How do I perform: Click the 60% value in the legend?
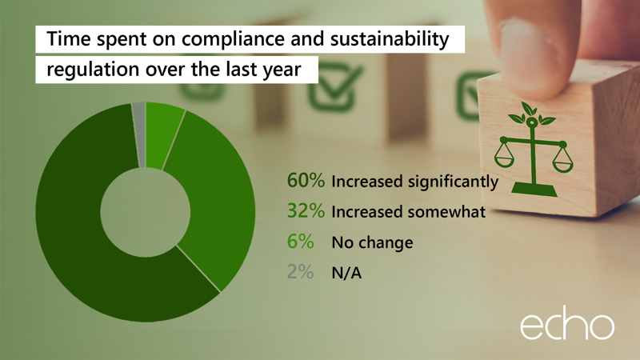(306, 182)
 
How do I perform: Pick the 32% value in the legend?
(306, 212)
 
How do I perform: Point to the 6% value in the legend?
(302, 242)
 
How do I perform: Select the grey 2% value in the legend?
(302, 272)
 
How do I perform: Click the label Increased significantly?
(414, 182)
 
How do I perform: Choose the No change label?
(371, 242)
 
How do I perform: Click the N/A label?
(347, 273)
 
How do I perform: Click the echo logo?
(567, 326)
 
